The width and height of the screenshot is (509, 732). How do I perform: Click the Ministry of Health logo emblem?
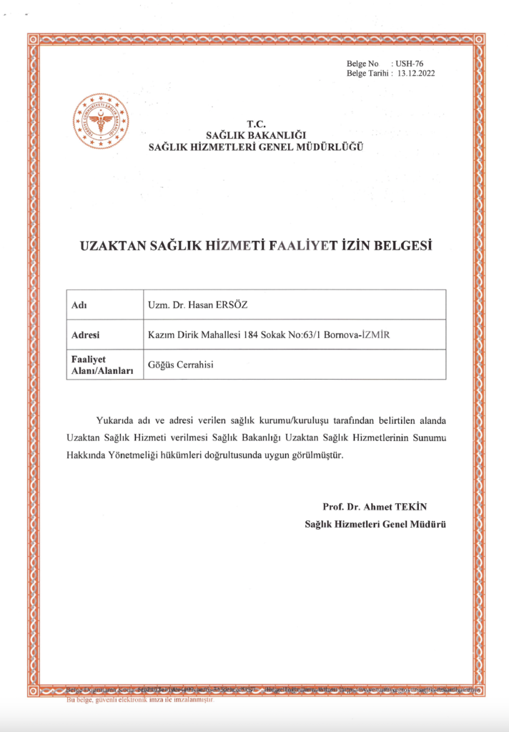(x=102, y=122)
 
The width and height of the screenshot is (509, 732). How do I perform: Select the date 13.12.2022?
(x=416, y=73)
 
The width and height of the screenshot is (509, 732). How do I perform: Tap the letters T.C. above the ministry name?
(x=255, y=124)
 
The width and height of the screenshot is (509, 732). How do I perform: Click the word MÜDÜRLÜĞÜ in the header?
(x=330, y=147)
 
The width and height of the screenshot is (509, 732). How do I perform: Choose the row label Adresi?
(x=86, y=335)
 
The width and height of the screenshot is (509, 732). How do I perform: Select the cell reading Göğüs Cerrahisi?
(x=181, y=365)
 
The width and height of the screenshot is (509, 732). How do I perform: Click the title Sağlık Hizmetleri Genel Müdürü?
(x=375, y=524)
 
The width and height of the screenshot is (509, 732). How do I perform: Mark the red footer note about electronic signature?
(x=140, y=700)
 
